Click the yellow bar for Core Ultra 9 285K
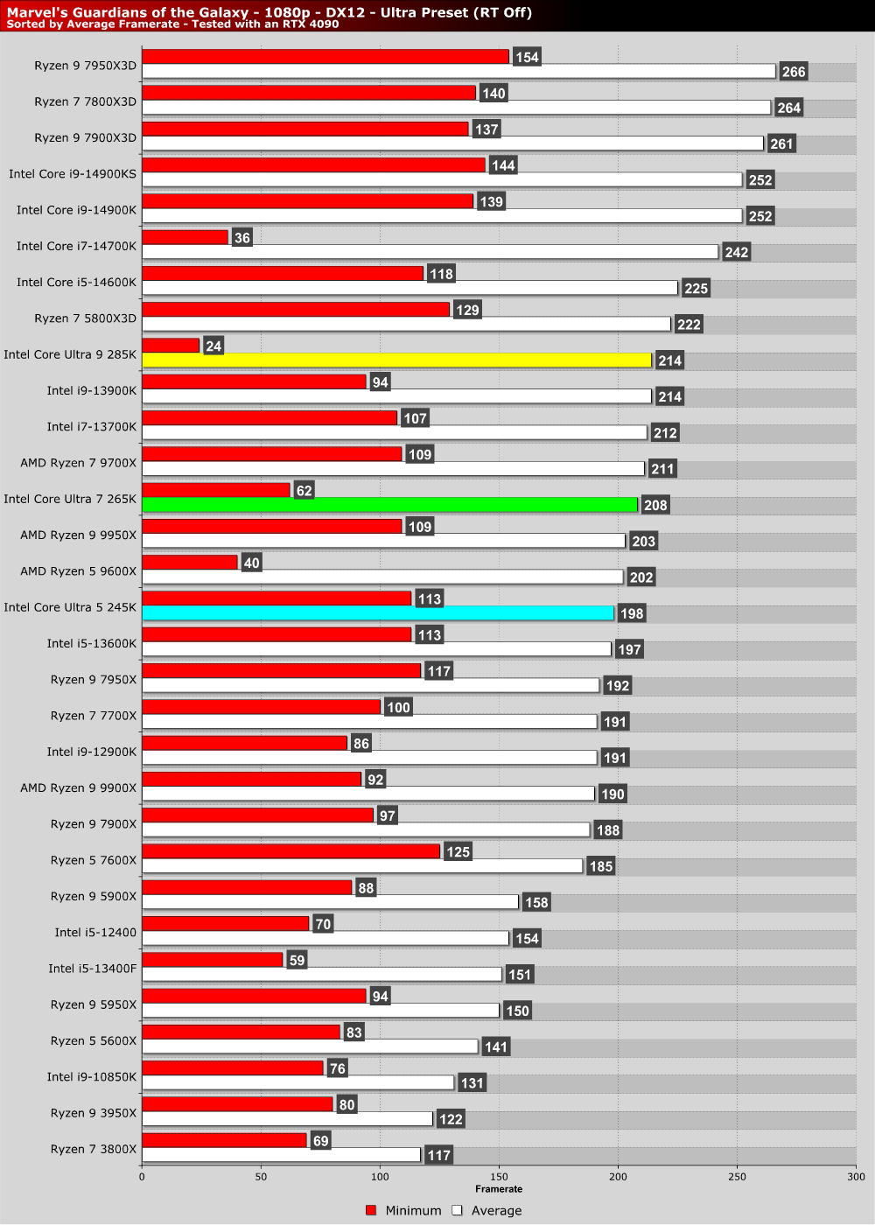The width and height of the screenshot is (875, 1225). click(396, 360)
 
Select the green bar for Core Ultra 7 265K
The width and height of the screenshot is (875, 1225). click(389, 505)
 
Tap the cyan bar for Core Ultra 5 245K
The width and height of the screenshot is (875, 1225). click(378, 613)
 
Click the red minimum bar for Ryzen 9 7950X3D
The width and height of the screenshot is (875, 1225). click(325, 57)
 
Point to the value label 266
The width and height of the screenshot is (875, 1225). click(794, 72)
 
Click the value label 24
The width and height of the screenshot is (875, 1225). click(213, 346)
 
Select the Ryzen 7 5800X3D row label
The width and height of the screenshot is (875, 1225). click(86, 318)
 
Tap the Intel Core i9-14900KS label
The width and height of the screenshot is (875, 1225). click(73, 174)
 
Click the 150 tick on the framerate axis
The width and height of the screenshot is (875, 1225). click(499, 1177)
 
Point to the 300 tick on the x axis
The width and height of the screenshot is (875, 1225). click(855, 1177)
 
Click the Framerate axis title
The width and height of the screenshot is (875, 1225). click(499, 1189)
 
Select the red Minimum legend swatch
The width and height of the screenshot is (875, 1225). click(371, 1210)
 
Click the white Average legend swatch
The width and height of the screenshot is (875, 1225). click(457, 1210)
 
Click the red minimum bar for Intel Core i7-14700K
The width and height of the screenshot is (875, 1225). click(185, 237)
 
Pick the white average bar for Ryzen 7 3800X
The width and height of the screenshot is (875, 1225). click(281, 1155)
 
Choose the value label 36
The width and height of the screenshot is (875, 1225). click(242, 238)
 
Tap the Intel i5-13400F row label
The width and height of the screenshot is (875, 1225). click(93, 969)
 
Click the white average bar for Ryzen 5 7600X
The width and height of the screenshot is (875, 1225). click(362, 866)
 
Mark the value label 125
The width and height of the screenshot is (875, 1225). click(458, 851)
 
